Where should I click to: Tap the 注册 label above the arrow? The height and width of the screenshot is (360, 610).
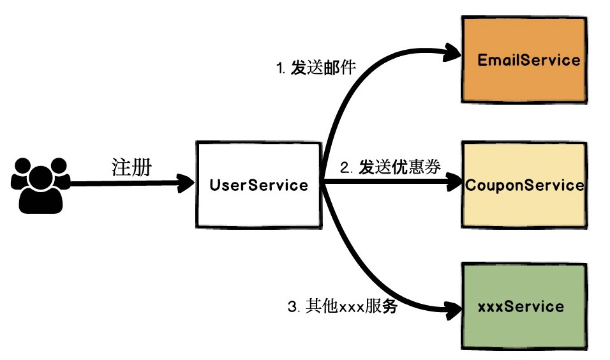click(x=131, y=167)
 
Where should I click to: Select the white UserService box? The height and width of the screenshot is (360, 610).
click(x=258, y=185)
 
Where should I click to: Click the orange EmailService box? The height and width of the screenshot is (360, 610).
click(x=523, y=60)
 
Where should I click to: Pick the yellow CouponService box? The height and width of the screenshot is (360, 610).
click(x=523, y=185)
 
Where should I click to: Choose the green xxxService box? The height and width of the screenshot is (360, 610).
click(x=523, y=306)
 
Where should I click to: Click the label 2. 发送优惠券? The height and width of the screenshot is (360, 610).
click(x=390, y=168)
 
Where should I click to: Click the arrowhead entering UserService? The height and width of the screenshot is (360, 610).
click(x=187, y=185)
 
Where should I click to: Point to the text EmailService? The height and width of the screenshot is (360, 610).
click(x=529, y=61)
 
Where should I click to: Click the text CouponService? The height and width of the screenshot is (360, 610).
click(x=524, y=186)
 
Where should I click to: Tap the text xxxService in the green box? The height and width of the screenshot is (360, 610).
click(x=521, y=306)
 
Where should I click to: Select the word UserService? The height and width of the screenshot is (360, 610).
click(x=258, y=186)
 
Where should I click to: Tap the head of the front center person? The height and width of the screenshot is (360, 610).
click(x=40, y=174)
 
